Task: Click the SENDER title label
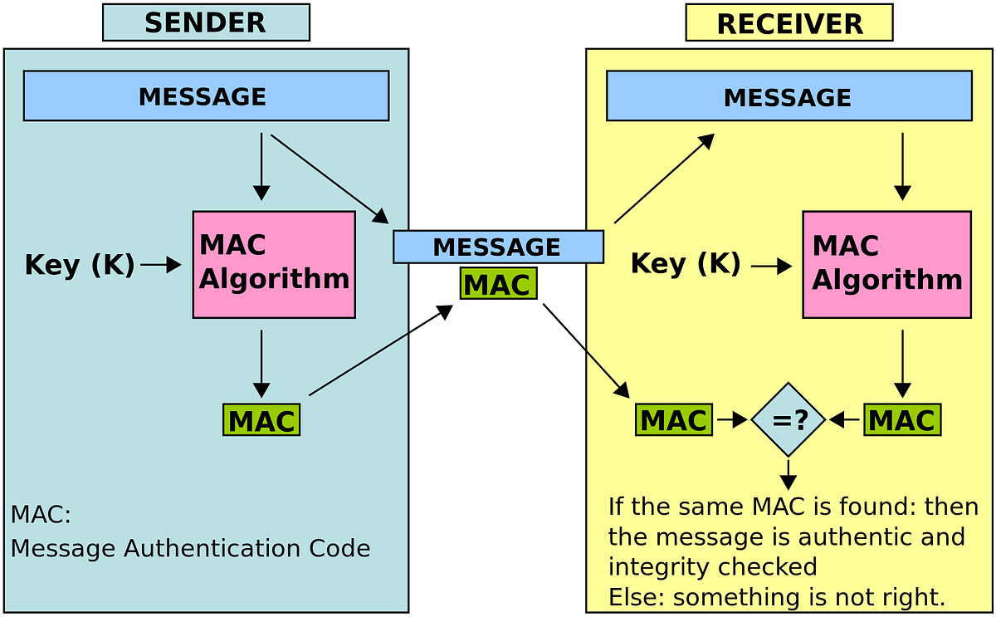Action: [x=205, y=22]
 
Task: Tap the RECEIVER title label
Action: [x=789, y=23]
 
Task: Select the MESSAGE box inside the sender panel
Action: [x=206, y=95]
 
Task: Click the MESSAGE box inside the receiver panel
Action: [x=788, y=96]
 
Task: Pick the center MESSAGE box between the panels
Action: [x=497, y=247]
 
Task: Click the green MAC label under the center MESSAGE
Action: [x=497, y=284]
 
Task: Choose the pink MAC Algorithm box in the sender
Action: [x=274, y=264]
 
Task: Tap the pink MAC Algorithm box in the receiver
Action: [x=886, y=264]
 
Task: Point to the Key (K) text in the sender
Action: [x=80, y=265]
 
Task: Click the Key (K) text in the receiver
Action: [x=686, y=264]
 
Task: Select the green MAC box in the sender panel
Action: [x=261, y=420]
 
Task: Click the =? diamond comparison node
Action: [x=788, y=419]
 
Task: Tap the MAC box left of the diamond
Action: [x=673, y=419]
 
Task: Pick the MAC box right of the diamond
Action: [x=901, y=419]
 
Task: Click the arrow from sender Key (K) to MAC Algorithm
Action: [x=161, y=265]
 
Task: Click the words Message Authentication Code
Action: [x=191, y=549]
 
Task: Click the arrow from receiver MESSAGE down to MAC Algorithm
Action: [x=902, y=166]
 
